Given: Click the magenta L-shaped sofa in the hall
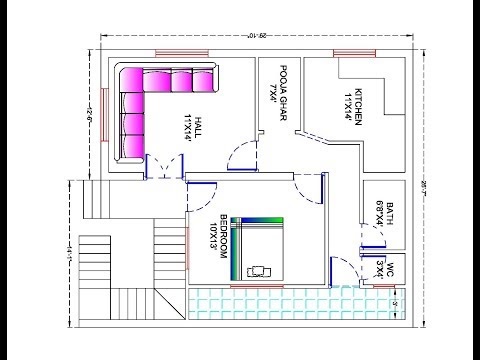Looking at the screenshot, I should tap(150, 100).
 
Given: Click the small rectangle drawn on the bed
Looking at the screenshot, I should tap(262, 269).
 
